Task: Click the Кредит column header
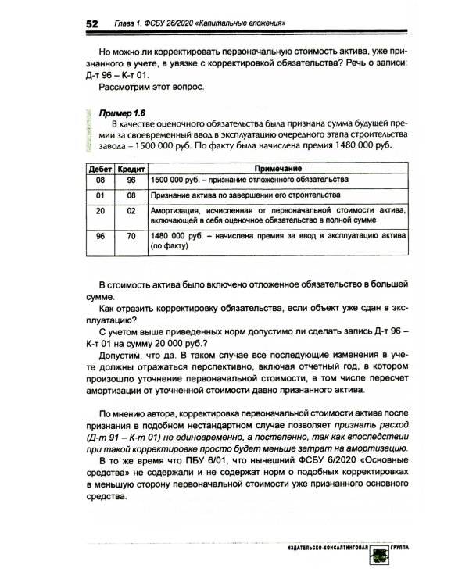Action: (x=130, y=168)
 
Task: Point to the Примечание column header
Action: (x=277, y=168)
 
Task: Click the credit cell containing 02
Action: (x=131, y=210)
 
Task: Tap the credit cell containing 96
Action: (x=131, y=180)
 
